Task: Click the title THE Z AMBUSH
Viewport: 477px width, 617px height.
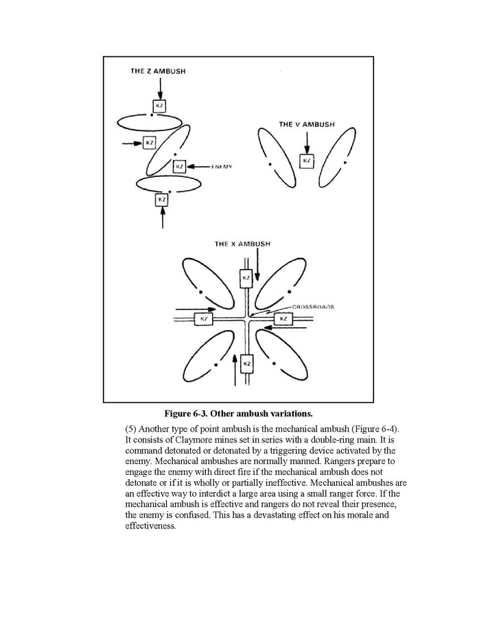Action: coord(159,71)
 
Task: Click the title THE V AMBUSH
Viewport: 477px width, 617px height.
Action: coord(307,125)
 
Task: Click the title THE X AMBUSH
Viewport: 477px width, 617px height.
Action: coord(242,244)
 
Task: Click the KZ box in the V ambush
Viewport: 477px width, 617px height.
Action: coord(307,161)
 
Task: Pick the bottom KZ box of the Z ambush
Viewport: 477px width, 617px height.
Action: coord(162,199)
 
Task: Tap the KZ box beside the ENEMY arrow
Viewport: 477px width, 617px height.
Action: coord(180,166)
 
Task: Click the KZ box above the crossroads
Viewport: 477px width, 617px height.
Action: coord(246,279)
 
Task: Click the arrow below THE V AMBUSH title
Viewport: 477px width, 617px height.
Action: coord(307,141)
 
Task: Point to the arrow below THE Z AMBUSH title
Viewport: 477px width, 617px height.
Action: coord(159,87)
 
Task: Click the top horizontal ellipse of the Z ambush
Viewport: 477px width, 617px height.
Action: coord(150,124)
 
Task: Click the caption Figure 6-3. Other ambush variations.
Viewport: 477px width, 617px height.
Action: coord(238,413)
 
